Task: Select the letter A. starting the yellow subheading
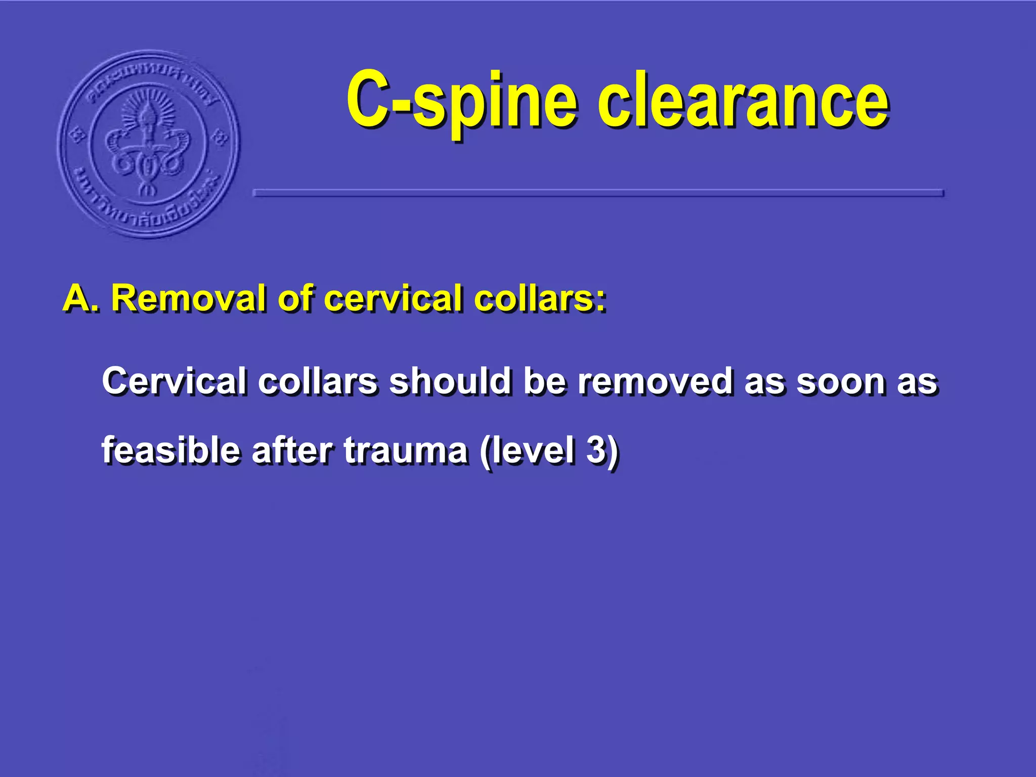point(80,298)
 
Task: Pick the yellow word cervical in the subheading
point(393,298)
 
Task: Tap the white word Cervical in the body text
point(174,381)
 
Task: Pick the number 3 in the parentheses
point(596,450)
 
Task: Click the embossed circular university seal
point(149,144)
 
